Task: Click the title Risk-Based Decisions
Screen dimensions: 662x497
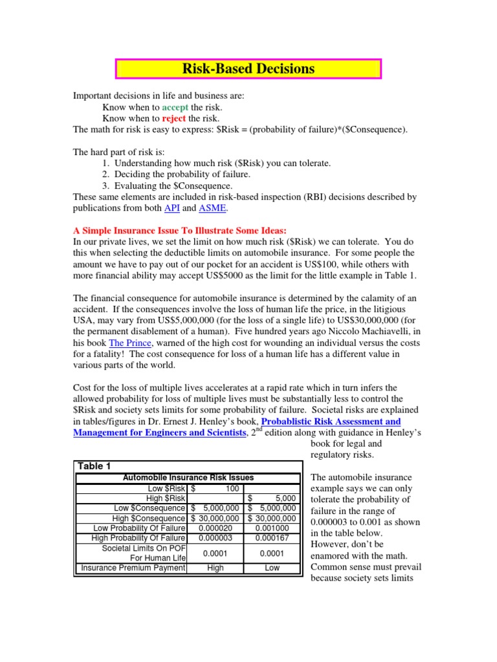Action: (x=248, y=69)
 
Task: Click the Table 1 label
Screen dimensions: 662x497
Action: (x=94, y=466)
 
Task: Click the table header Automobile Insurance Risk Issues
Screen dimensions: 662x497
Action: (x=188, y=478)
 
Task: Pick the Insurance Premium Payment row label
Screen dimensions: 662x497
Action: (x=133, y=568)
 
